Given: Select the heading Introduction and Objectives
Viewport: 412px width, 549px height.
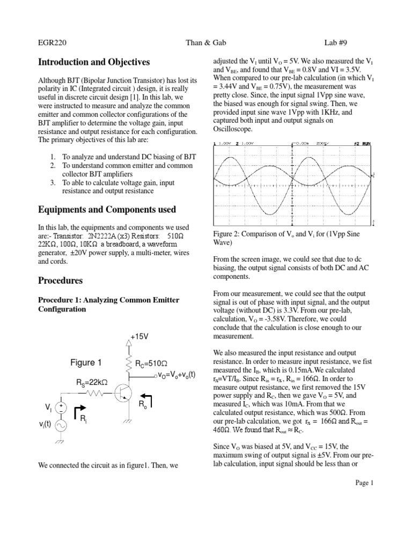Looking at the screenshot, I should click(x=94, y=63).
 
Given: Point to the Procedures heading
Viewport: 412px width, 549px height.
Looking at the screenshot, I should click(x=60, y=280).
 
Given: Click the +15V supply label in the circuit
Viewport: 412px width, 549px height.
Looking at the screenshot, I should click(x=138, y=337).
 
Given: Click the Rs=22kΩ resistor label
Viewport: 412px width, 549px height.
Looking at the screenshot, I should click(x=90, y=382).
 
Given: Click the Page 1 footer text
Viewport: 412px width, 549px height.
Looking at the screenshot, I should click(x=364, y=483).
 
